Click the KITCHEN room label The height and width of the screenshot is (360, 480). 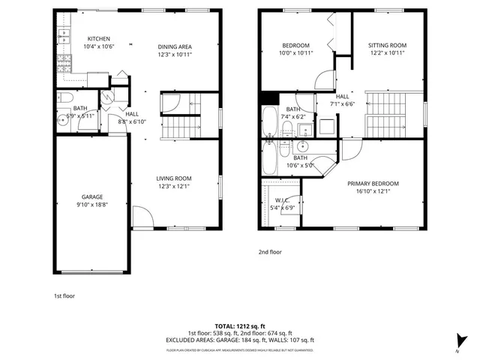click(99, 39)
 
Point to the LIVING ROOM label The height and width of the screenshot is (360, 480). click(175, 178)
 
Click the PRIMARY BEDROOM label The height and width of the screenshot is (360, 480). click(373, 184)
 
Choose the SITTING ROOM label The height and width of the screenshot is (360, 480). click(387, 46)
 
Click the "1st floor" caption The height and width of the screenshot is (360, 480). click(64, 295)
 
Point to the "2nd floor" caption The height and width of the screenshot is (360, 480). click(270, 252)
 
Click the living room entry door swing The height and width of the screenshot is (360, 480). click(142, 217)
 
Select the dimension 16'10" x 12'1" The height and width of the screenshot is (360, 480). click(373, 192)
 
